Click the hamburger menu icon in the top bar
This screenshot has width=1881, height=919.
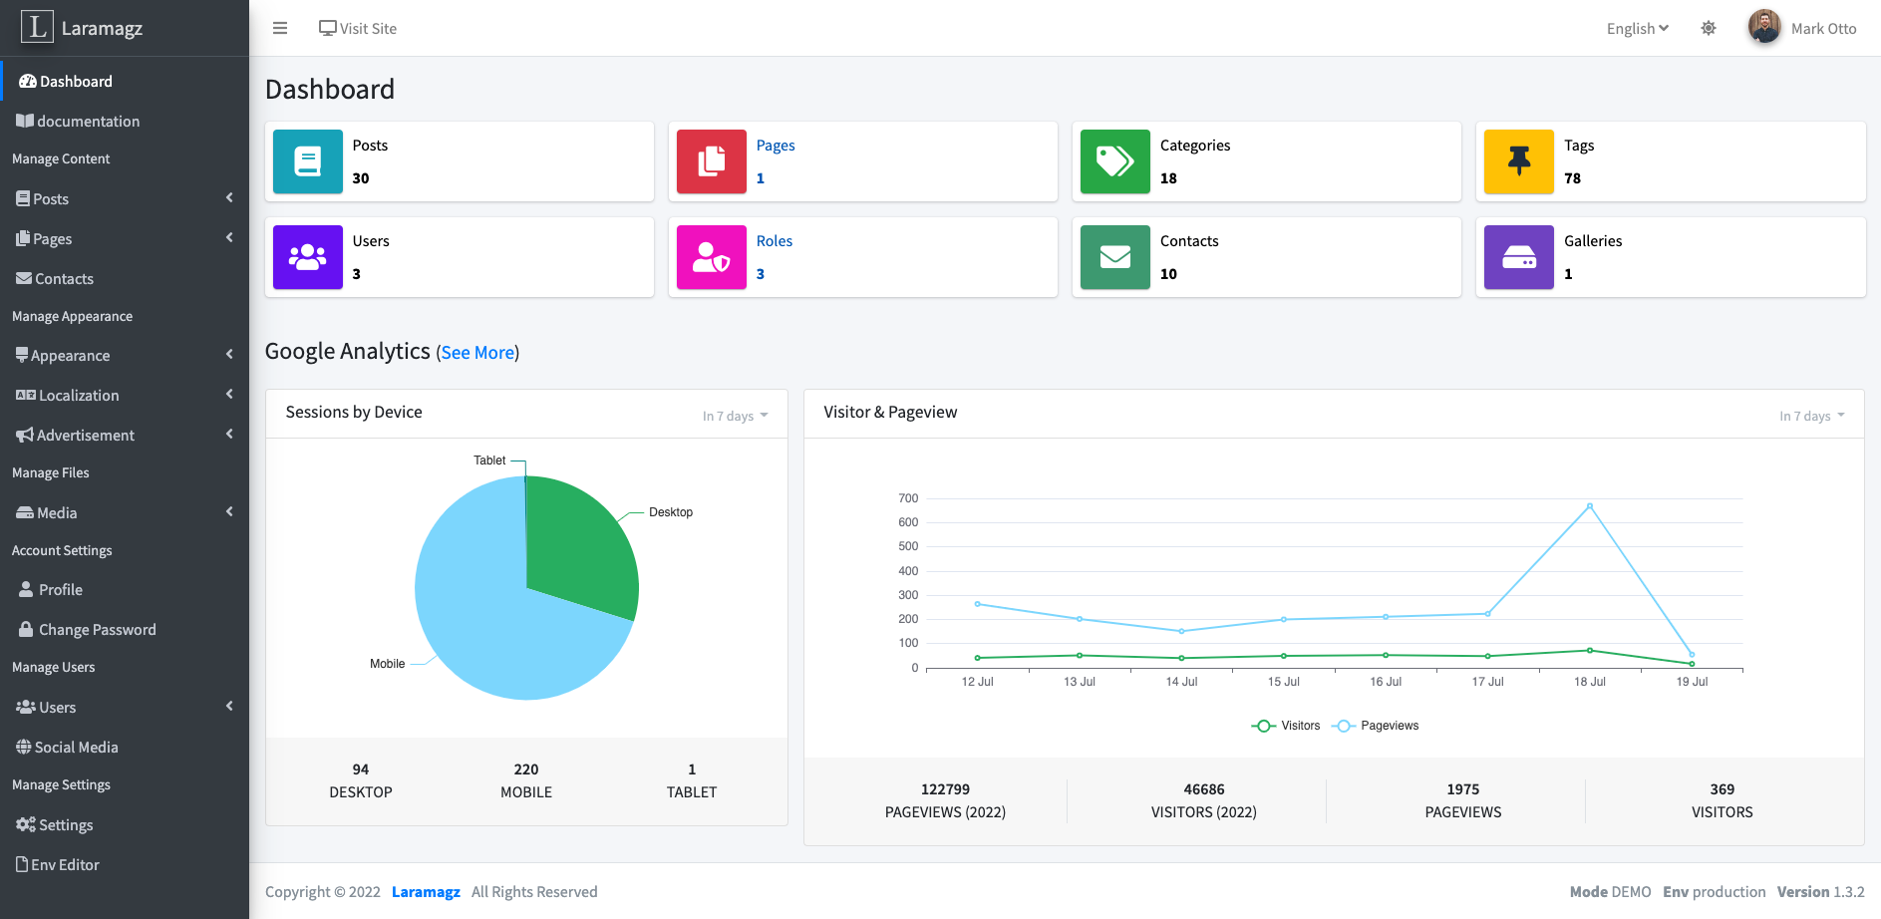(x=280, y=28)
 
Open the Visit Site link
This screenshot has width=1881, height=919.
(x=358, y=29)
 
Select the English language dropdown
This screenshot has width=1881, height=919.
(x=1637, y=29)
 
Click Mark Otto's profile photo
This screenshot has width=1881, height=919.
(x=1764, y=27)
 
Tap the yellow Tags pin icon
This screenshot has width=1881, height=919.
(x=1518, y=161)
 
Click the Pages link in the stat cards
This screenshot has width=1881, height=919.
(x=776, y=146)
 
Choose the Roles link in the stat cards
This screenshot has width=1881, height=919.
(x=775, y=241)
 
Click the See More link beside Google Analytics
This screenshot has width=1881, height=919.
(x=477, y=353)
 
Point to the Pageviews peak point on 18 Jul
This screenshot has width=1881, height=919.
(x=1589, y=506)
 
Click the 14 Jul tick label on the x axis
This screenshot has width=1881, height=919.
(x=1181, y=682)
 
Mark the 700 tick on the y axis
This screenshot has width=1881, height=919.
(x=908, y=498)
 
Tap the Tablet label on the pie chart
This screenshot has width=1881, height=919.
(x=489, y=460)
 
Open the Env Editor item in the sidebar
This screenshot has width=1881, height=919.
(x=65, y=865)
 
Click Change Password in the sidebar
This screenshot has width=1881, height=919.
(x=97, y=630)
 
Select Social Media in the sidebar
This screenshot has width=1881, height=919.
(x=76, y=748)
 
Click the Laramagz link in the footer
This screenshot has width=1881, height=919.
(x=426, y=892)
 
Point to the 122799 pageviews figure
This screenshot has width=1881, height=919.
(x=945, y=789)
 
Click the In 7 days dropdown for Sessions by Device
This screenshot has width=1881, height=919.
(x=735, y=417)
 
